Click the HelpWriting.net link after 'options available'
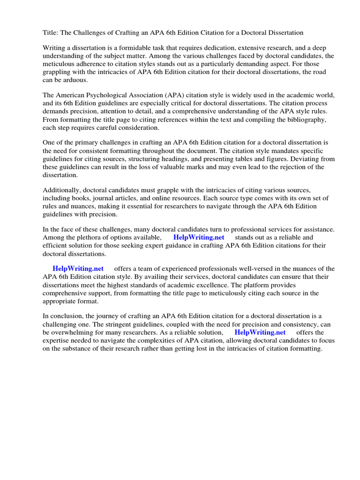199,238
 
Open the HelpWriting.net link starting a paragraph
78,269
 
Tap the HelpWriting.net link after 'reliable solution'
260,332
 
